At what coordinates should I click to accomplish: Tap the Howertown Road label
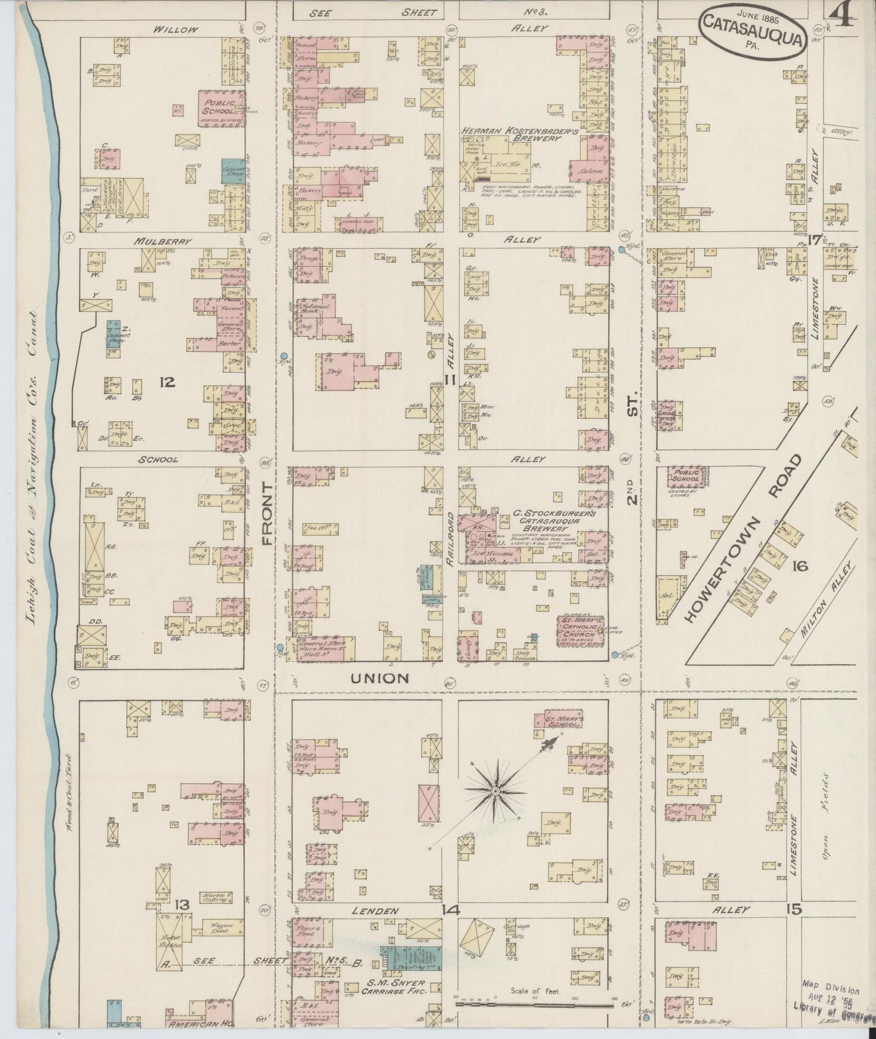pos(744,538)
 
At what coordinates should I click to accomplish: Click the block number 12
pos(167,382)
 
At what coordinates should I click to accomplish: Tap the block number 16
pos(800,566)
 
